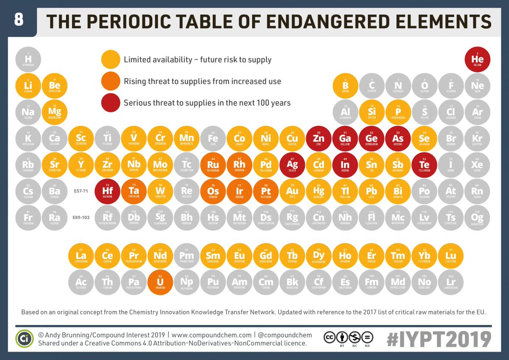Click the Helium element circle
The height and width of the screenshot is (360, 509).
pyautogui.click(x=477, y=59)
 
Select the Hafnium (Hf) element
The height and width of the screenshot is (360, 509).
pyautogui.click(x=107, y=191)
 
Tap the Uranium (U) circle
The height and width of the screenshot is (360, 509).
pyautogui.click(x=160, y=282)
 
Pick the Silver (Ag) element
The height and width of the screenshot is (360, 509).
pyautogui.click(x=292, y=165)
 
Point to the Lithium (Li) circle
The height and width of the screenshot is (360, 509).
pyautogui.click(x=28, y=86)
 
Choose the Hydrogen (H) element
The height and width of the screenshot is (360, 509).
pyautogui.click(x=28, y=59)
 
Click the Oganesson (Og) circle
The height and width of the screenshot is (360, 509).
pyautogui.click(x=477, y=218)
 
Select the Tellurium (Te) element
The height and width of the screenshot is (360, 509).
pyautogui.click(x=424, y=165)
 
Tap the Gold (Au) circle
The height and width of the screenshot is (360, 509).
pyautogui.click(x=292, y=191)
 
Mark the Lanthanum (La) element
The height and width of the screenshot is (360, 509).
pyautogui.click(x=81, y=256)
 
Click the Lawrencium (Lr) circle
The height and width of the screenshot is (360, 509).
pyautogui.click(x=450, y=282)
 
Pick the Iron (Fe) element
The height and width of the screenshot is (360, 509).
pyautogui.click(x=213, y=139)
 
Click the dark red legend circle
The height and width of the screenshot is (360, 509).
pyautogui.click(x=111, y=103)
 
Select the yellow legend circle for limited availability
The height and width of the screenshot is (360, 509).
pyautogui.click(x=111, y=60)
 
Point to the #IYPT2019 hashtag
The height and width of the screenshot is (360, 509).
pyautogui.click(x=439, y=339)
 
